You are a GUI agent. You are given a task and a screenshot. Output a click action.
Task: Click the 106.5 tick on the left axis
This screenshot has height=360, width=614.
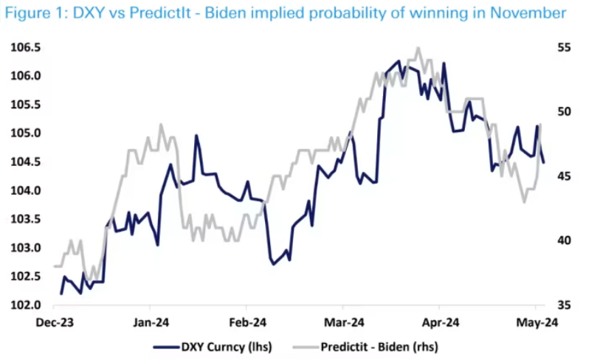26,47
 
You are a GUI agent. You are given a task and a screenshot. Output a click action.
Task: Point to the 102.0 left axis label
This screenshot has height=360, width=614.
26,305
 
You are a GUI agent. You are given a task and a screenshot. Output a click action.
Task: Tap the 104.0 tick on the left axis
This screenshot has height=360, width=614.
26,190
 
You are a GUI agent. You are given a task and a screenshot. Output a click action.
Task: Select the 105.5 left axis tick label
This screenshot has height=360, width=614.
26,105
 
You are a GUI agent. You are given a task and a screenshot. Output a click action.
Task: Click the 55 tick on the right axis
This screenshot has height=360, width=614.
563,47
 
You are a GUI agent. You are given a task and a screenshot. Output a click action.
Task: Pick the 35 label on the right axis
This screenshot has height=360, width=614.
563,305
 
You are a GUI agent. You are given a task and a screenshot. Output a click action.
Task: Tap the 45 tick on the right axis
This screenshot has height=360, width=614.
563,176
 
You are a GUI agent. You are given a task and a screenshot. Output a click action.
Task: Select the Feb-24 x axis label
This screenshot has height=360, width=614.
246,322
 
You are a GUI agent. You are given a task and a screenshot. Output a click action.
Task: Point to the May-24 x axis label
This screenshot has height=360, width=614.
536,322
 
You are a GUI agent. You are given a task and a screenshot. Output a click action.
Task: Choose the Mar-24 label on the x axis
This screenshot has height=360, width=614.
342,322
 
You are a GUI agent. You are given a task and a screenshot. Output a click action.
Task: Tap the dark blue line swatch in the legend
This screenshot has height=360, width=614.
165,345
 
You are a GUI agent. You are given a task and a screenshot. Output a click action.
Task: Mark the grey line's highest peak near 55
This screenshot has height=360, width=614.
418,48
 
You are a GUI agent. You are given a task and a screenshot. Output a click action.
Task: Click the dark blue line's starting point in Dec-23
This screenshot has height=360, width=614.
61,294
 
